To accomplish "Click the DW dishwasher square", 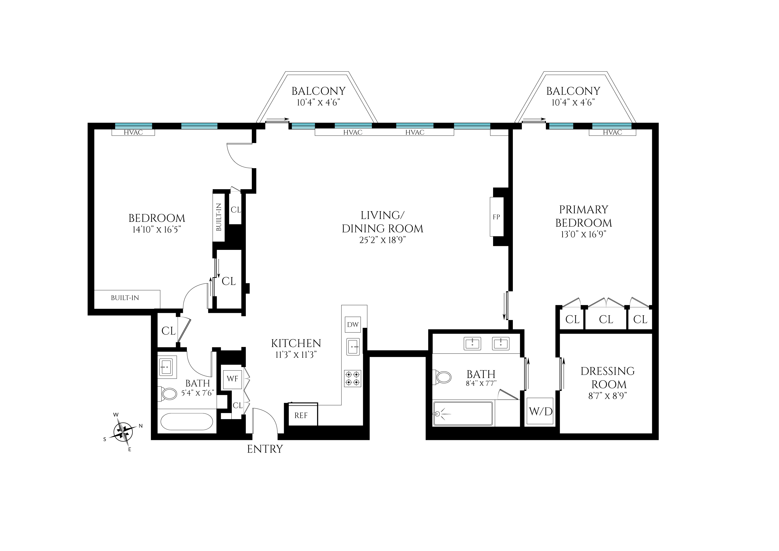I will coord(352,325).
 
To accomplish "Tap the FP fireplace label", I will coord(496,217).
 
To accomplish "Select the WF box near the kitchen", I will coord(233,378).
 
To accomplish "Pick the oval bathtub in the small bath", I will coord(187,422).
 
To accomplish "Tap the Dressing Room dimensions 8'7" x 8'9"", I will coord(607,396).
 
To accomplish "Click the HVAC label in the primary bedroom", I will coord(612,133).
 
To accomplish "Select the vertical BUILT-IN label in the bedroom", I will coord(219,217).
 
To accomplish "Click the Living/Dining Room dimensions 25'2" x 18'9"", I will coord(382,240).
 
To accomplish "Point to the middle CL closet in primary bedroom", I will coord(606,320).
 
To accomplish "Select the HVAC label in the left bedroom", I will coord(133,133).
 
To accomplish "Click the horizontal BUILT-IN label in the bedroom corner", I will coord(125,298).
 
